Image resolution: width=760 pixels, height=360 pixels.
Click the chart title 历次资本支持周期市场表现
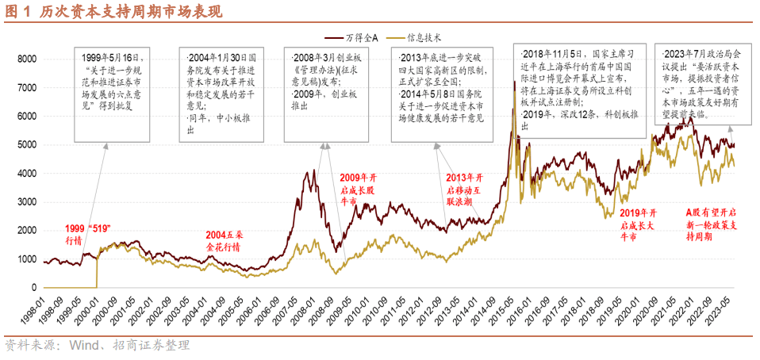(x=127, y=12)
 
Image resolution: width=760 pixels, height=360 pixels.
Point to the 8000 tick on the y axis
(x=27, y=59)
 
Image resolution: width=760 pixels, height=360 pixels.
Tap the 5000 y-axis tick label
(x=27, y=145)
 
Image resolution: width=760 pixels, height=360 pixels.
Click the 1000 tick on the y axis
(x=27, y=259)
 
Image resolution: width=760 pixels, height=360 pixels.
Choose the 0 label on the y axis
(x=34, y=288)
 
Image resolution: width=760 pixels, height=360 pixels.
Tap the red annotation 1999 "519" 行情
(x=88, y=234)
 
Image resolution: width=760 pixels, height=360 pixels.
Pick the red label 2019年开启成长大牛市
(x=639, y=224)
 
